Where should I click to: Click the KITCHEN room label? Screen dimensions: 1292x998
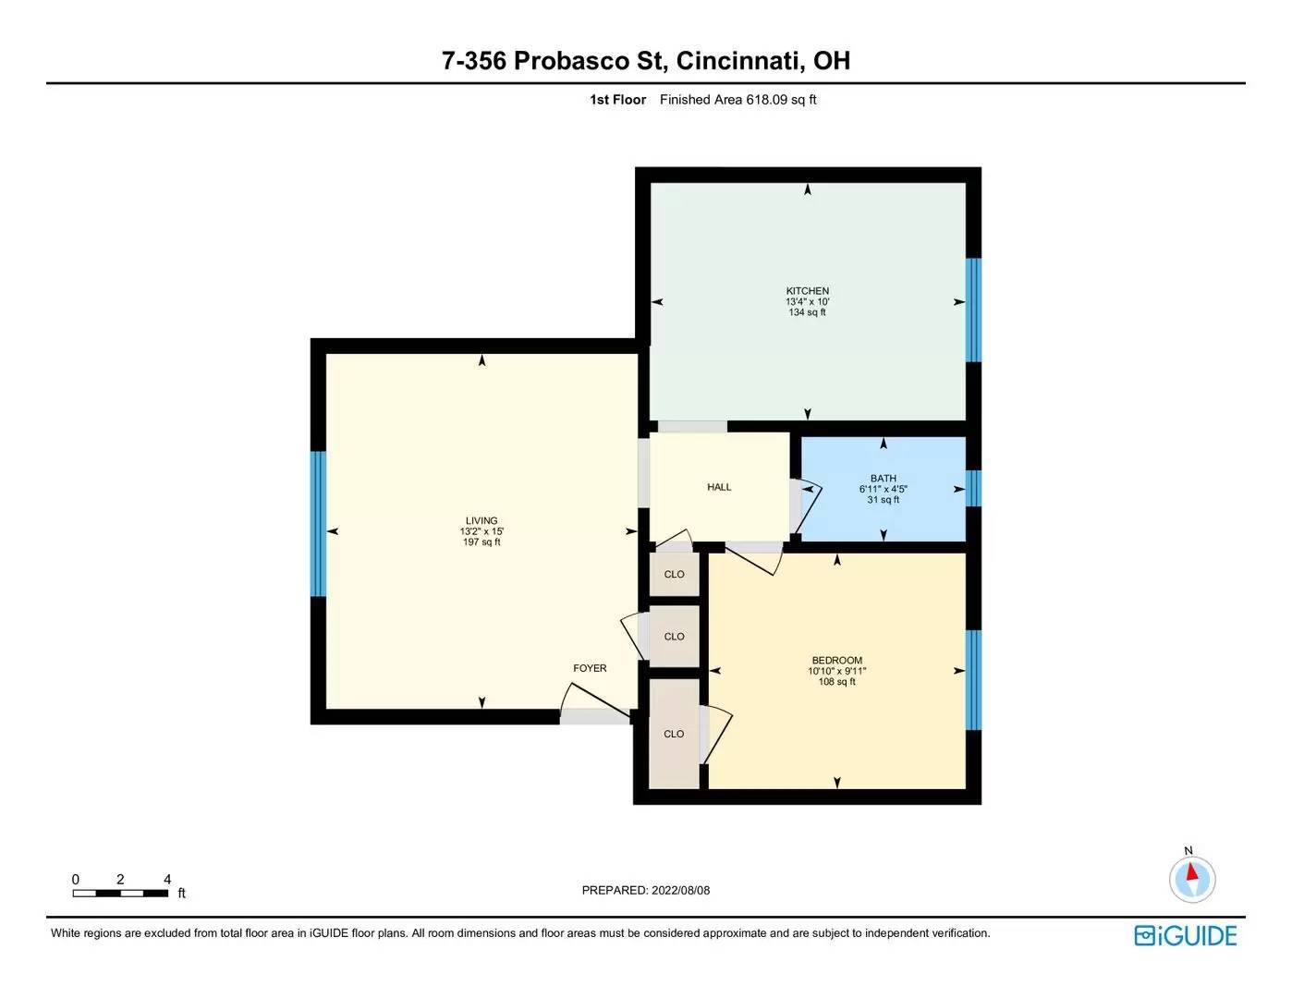click(x=808, y=291)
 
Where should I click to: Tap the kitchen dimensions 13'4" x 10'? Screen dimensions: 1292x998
click(x=808, y=301)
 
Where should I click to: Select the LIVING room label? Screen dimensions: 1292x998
click(x=481, y=520)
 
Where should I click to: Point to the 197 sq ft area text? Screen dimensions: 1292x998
click(x=481, y=542)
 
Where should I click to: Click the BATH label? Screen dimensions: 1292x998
click(x=884, y=479)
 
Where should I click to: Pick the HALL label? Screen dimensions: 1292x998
click(x=719, y=487)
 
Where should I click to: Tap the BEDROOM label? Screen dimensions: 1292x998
click(x=837, y=661)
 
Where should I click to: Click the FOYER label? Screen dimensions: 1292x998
click(x=590, y=668)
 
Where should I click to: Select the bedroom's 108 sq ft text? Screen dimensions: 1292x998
click(x=837, y=682)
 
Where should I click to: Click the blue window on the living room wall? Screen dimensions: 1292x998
click(x=319, y=524)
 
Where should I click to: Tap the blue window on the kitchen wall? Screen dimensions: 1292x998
click(x=973, y=310)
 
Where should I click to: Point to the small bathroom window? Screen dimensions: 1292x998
click(x=973, y=488)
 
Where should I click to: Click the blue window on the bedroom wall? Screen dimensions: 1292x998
click(x=973, y=680)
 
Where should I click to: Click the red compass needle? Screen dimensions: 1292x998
click(x=1191, y=872)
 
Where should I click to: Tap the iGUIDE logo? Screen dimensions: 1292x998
click(x=1186, y=935)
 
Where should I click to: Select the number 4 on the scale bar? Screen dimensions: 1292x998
click(x=167, y=879)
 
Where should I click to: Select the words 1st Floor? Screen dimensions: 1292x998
click(x=617, y=100)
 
